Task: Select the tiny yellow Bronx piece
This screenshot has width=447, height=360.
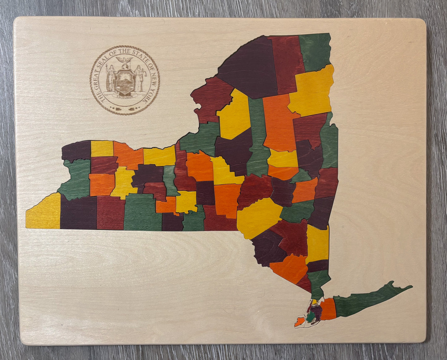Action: pos(314,301)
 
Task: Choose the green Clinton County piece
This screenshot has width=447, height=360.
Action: pos(315,51)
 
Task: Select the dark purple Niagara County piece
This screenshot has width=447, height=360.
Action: pos(76,150)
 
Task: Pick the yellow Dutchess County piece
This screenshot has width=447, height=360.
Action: pos(317,243)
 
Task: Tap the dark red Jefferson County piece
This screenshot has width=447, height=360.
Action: pos(212,99)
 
